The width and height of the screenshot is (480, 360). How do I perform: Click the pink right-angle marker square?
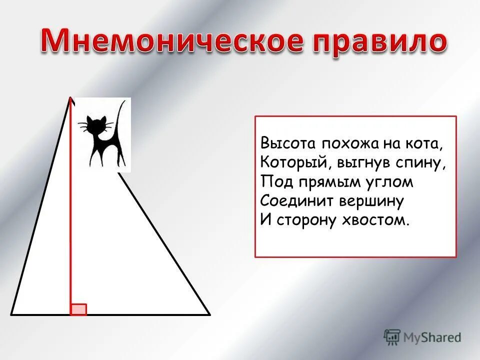78,309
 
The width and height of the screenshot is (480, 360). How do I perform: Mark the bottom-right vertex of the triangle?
209,314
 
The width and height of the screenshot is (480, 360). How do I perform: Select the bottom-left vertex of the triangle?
11,314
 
